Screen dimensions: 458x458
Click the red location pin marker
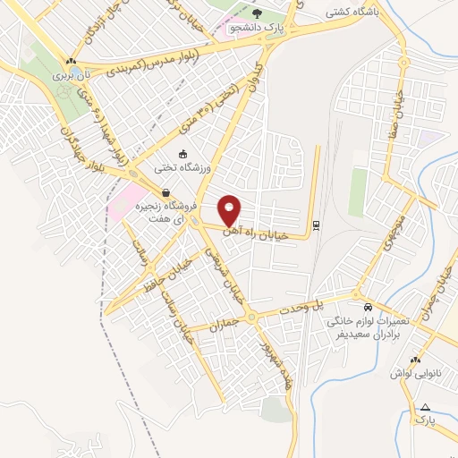230,211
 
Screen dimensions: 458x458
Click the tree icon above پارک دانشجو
258,13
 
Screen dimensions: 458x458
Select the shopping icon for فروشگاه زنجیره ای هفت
165,192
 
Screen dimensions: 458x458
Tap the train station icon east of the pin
315,225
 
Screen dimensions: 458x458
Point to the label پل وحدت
328,305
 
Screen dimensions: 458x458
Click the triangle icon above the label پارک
425,407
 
